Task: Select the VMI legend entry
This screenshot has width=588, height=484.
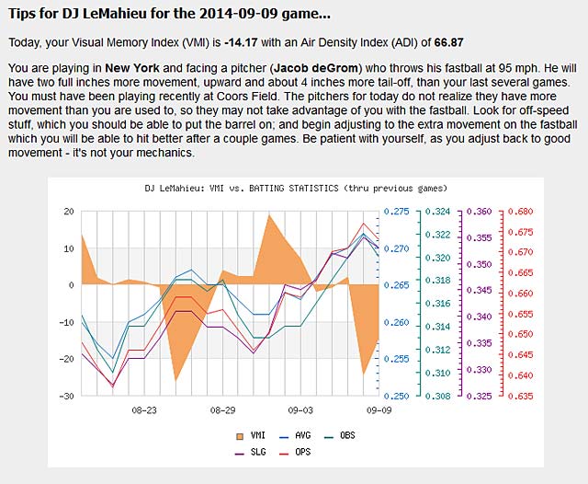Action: pyautogui.click(x=252, y=434)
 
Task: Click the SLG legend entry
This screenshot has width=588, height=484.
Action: pyautogui.click(x=253, y=451)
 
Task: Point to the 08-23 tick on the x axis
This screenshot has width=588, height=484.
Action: pyautogui.click(x=144, y=409)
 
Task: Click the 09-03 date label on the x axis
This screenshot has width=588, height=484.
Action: pyautogui.click(x=300, y=409)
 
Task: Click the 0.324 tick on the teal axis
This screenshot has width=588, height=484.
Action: pyautogui.click(x=442, y=212)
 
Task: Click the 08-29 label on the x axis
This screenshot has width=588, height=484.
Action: pyautogui.click(x=223, y=409)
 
